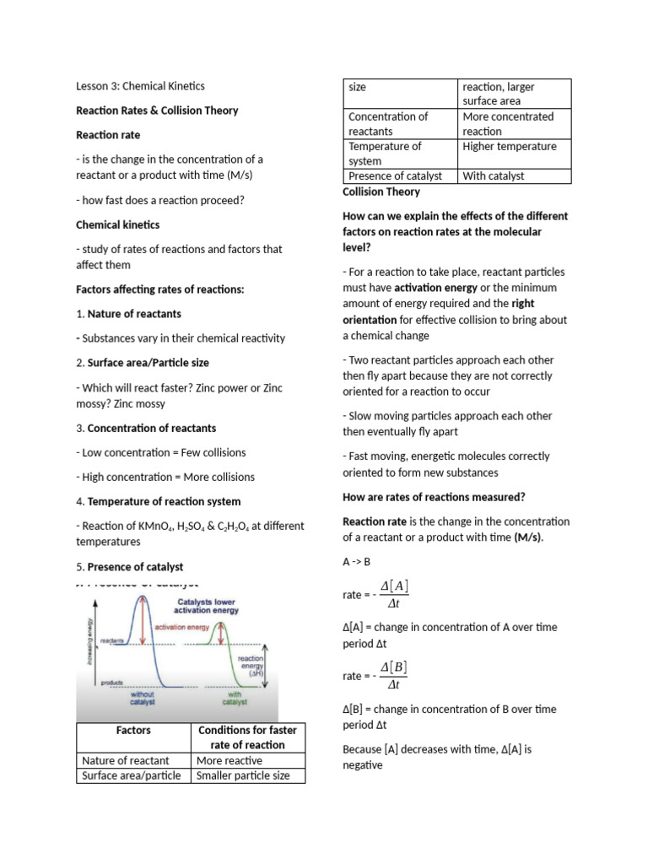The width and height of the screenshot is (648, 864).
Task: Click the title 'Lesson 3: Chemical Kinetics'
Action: pos(140,85)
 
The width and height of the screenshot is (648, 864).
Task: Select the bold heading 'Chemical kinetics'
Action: pos(117,225)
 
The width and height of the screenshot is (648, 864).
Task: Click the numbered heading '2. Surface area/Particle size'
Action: pos(143,363)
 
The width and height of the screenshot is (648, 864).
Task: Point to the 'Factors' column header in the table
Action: pos(133,729)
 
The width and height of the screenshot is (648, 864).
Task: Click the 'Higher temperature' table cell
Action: pos(510,147)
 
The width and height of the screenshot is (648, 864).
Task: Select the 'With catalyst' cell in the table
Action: pos(494,176)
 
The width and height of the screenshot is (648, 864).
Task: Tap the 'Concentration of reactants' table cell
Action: pos(388,124)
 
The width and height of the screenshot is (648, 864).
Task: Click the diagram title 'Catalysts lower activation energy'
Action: pos(205,604)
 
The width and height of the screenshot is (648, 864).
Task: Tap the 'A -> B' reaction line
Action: pos(357,561)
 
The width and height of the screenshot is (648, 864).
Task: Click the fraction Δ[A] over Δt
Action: pos(394,594)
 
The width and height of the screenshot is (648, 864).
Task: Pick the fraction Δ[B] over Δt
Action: pos(393,676)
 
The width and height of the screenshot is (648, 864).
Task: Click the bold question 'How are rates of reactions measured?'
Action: pos(434,496)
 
